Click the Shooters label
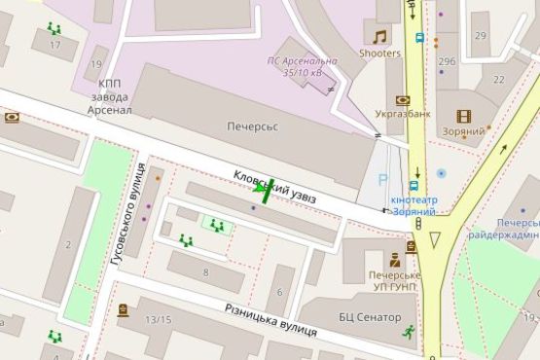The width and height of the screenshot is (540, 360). click(379, 53)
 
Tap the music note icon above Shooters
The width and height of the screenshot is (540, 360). click(379, 37)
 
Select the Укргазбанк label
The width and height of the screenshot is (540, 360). click(404, 114)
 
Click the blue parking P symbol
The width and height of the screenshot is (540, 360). click(382, 179)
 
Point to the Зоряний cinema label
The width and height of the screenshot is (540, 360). click(469, 130)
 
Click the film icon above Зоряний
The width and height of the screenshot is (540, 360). click(464, 116)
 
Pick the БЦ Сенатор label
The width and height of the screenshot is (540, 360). click(370, 317)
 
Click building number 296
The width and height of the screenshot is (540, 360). click(447, 61)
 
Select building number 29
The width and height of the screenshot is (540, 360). click(480, 35)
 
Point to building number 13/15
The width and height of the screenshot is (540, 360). click(158, 319)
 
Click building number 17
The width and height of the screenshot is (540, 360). click(54, 45)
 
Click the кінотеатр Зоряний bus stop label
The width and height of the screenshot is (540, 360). click(414, 205)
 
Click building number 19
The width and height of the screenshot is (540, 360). click(95, 64)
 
